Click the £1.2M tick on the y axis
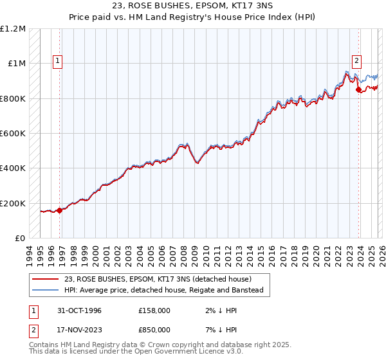pos(14,29)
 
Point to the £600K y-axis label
pos(13,134)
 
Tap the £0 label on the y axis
pos(19,239)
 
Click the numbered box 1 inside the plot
pos(57,61)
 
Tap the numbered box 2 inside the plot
pos(356,61)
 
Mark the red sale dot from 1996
pos(60,210)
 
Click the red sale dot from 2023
pos(358,90)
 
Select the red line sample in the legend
pos(45,279)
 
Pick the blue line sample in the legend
pos(45,290)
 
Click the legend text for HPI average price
pos(163,290)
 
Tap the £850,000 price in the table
pos(154,329)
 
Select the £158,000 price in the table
pos(154,310)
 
